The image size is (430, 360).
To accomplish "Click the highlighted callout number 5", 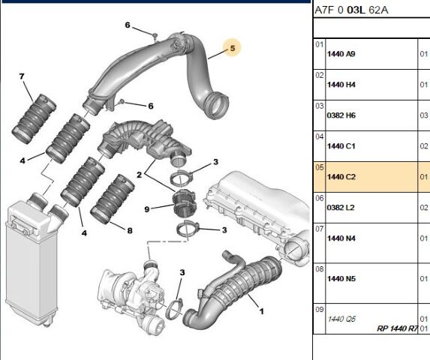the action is [x=233, y=48].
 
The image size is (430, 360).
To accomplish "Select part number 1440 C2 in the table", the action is [x=341, y=177].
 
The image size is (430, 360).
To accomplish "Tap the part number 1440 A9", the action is [x=341, y=54].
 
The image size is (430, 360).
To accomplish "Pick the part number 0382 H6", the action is [x=341, y=115].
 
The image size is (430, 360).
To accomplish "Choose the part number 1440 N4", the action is [x=341, y=238].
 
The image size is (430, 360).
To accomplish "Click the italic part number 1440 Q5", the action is [x=341, y=319].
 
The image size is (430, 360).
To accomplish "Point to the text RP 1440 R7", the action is [x=398, y=328].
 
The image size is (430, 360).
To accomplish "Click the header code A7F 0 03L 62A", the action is [x=351, y=10].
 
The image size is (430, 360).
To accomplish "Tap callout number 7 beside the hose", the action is [x=22, y=76].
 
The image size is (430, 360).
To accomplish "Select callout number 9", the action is [x=147, y=209].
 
